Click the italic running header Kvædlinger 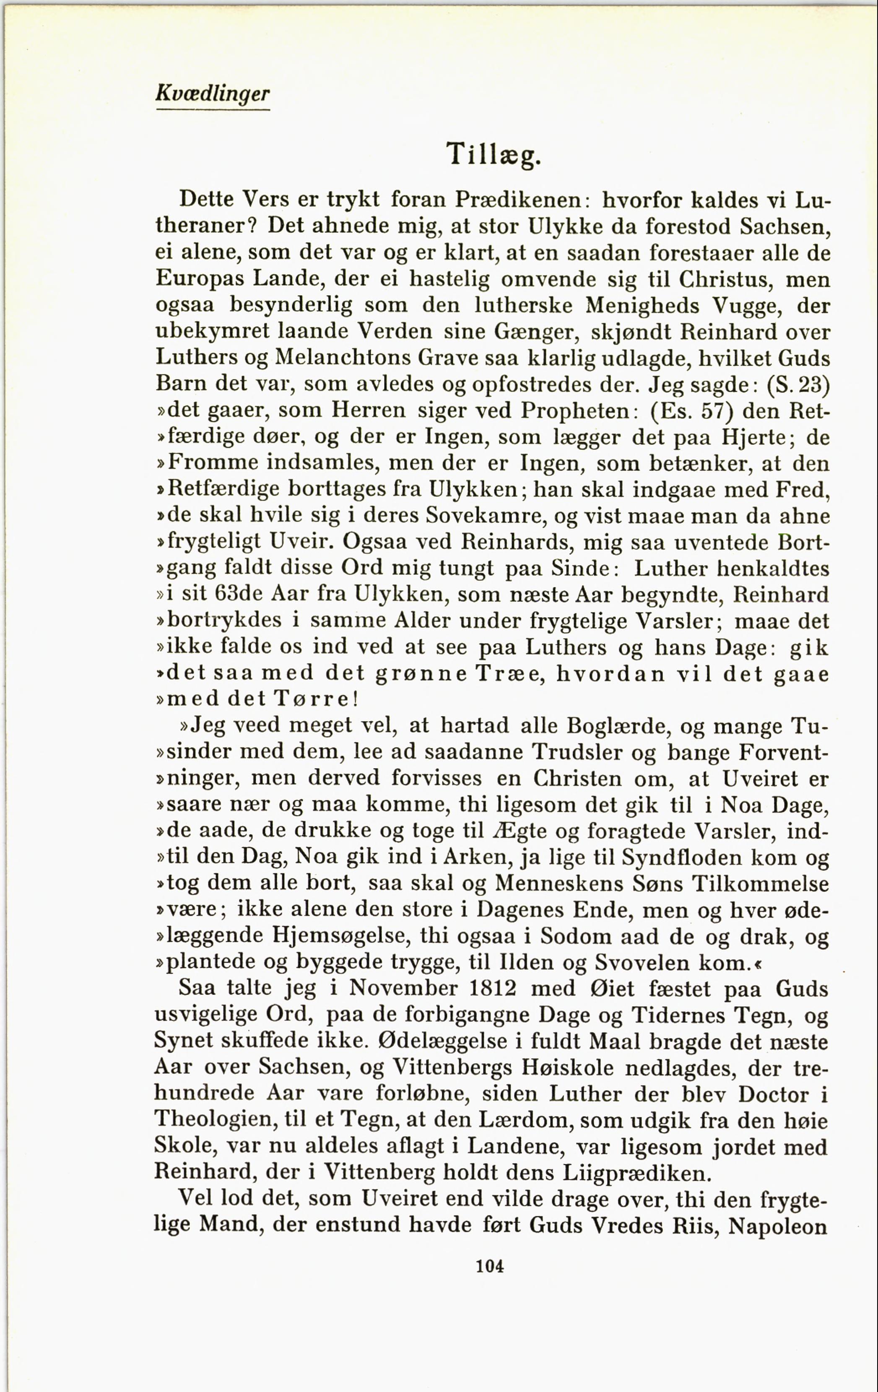click(x=213, y=93)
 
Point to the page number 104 click(x=490, y=1267)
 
